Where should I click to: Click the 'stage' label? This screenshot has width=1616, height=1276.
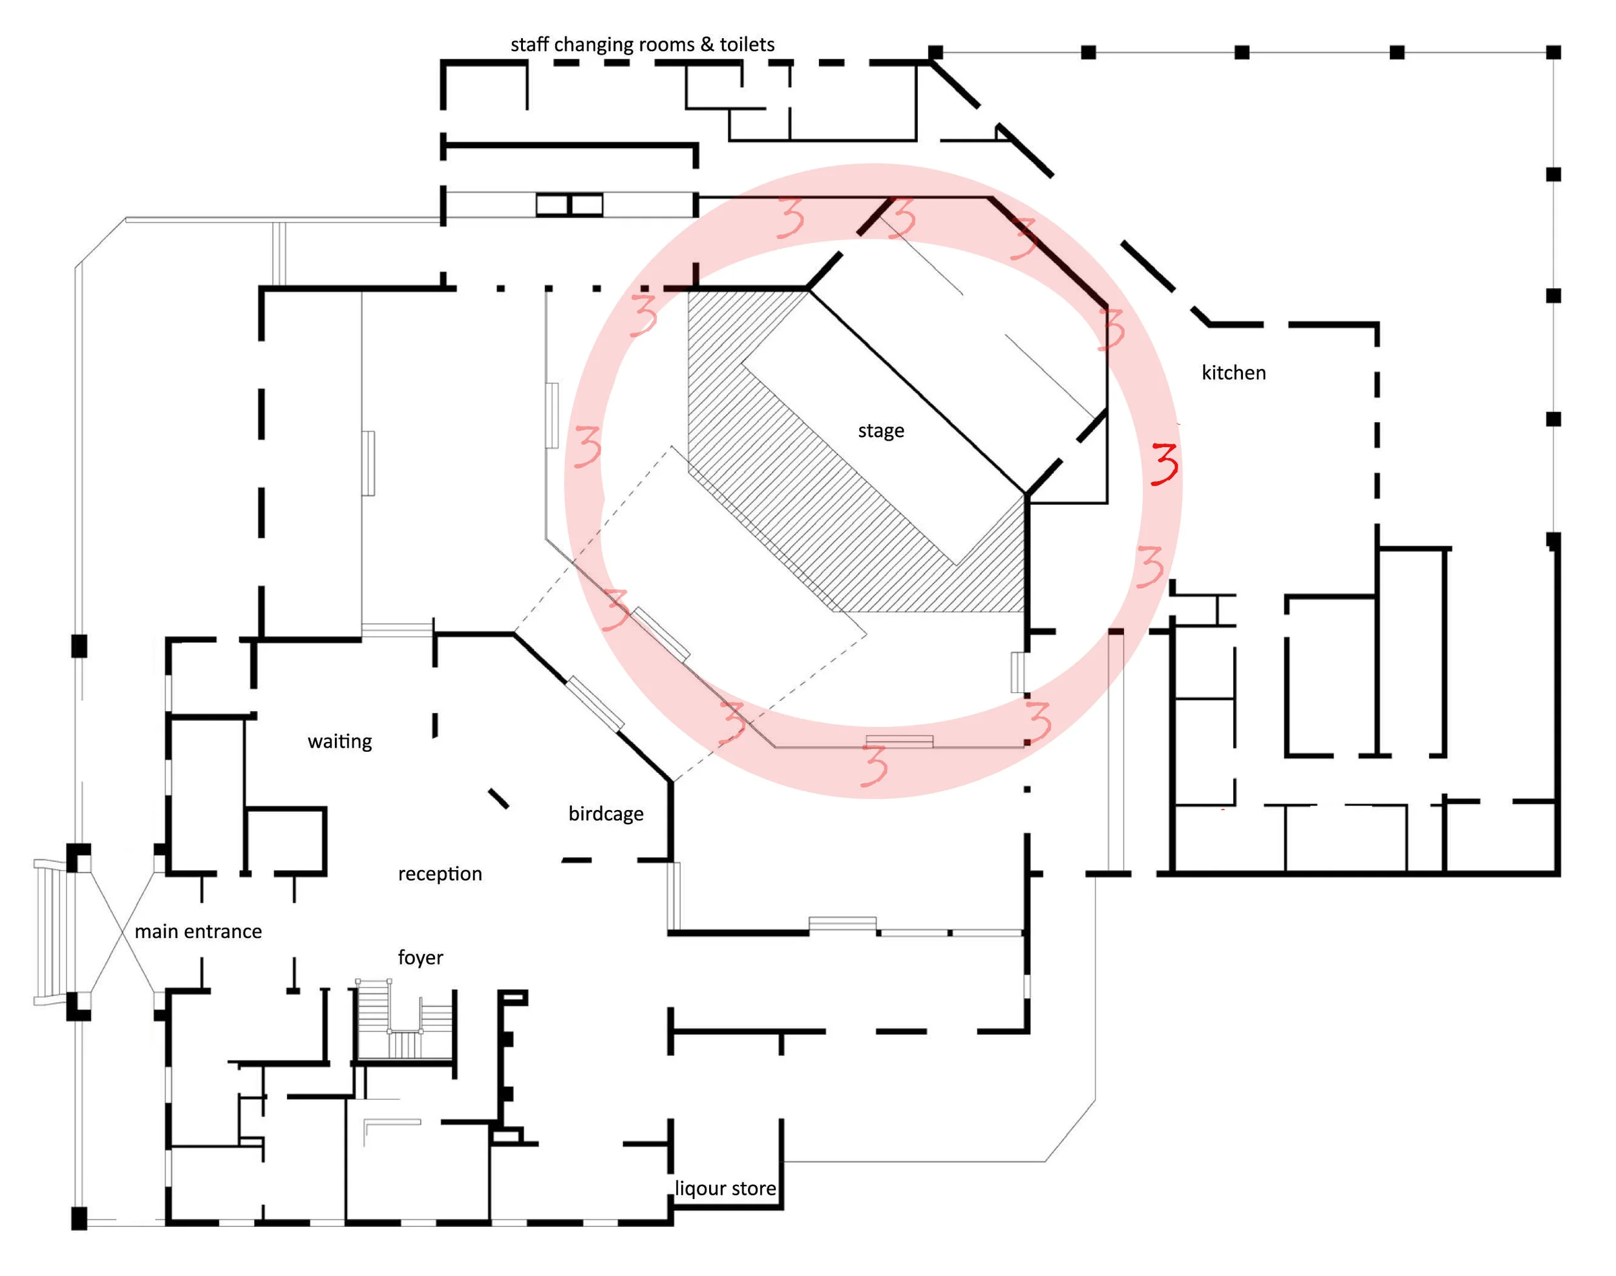(880, 431)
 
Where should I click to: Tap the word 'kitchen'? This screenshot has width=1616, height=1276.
(1233, 372)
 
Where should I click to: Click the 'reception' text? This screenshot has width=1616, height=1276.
(440, 873)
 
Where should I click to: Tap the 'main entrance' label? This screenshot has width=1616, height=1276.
(198, 931)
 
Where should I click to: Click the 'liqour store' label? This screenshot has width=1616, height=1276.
(725, 1188)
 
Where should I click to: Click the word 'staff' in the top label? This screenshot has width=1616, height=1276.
(529, 44)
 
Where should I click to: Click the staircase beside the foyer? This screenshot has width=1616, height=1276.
(404, 1020)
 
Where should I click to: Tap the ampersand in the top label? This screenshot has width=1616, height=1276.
(706, 44)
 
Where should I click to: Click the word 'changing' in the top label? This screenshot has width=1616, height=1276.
(593, 45)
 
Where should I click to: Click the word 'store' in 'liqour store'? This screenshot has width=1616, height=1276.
(753, 1188)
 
